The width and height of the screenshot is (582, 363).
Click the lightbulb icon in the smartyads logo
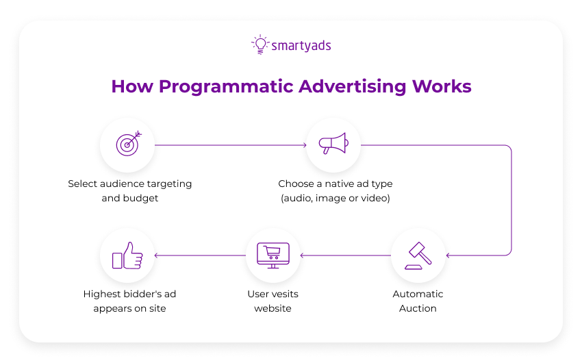tap(260, 45)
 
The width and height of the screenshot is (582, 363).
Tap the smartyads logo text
tap(301, 46)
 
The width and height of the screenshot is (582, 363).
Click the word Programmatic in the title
tap(227, 87)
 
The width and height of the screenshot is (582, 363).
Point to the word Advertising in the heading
tap(353, 87)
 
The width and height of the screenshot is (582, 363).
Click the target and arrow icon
tap(127, 145)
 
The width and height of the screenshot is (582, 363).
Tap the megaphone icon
tap(333, 145)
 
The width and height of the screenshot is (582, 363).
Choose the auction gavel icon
tap(418, 255)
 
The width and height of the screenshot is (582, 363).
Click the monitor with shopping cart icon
tap(273, 255)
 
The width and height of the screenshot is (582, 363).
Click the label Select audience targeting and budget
tap(130, 190)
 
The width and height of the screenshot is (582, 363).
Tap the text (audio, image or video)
tap(336, 198)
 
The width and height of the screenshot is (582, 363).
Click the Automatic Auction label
tap(418, 301)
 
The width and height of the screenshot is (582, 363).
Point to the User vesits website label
tap(273, 301)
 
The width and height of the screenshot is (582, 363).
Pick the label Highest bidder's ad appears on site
tap(130, 301)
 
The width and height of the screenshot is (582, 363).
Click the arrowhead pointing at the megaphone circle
tap(303, 145)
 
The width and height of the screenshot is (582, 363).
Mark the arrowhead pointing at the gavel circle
tap(448, 255)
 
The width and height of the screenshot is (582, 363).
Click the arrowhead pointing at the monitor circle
tap(303, 255)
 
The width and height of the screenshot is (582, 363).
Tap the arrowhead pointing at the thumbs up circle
tap(157, 255)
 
